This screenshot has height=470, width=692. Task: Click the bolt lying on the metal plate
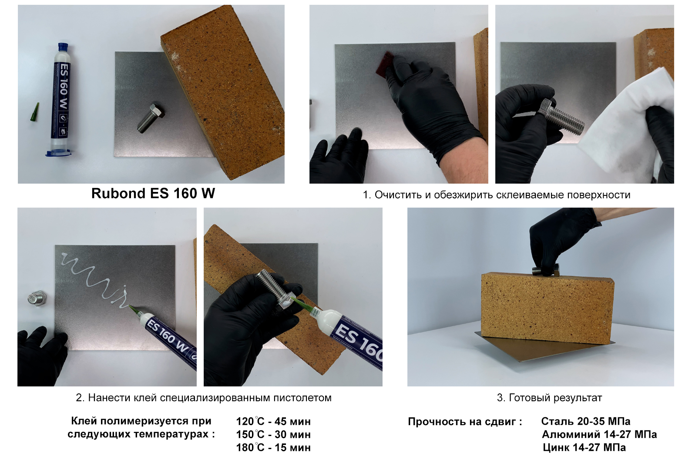click(x=151, y=118)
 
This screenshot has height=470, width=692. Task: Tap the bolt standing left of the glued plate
click(x=37, y=298)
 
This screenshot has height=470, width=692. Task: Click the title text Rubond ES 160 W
click(x=153, y=193)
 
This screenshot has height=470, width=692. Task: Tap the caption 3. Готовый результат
click(x=549, y=398)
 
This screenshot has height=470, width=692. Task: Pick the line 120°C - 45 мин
click(x=273, y=422)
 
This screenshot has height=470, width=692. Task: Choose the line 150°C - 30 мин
click(x=273, y=434)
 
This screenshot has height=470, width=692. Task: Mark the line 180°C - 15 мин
click(x=273, y=447)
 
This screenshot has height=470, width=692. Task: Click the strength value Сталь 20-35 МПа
click(x=586, y=421)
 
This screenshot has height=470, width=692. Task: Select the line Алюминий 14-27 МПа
click(x=599, y=434)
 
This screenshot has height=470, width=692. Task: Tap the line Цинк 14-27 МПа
click(x=584, y=447)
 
